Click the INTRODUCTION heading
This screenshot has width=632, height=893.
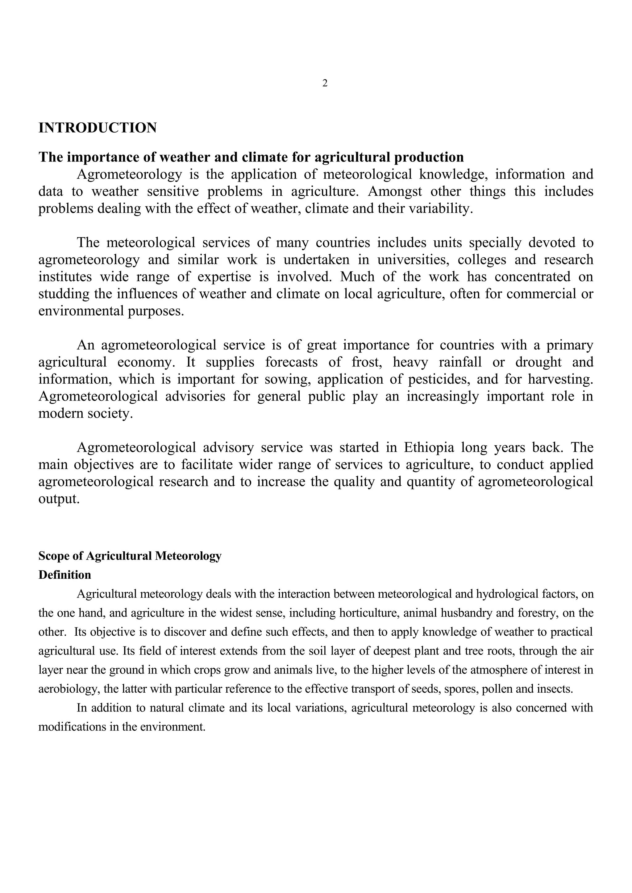tap(97, 128)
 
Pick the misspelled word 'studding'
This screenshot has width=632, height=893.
tap(64, 294)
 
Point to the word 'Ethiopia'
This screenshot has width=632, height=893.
tap(429, 448)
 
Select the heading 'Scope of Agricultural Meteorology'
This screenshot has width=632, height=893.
tap(130, 556)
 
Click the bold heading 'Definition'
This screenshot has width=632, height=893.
tap(64, 575)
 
